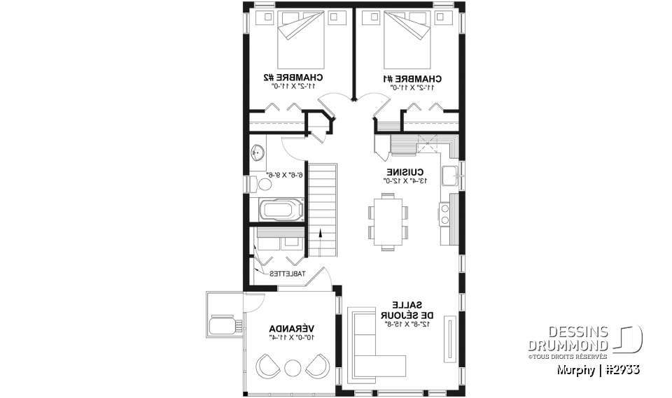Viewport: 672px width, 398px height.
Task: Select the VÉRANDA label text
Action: (x=292, y=328)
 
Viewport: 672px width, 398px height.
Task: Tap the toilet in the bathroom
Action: (x=263, y=183)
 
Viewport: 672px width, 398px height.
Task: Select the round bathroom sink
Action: (x=257, y=151)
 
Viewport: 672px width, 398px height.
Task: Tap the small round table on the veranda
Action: (x=292, y=367)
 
